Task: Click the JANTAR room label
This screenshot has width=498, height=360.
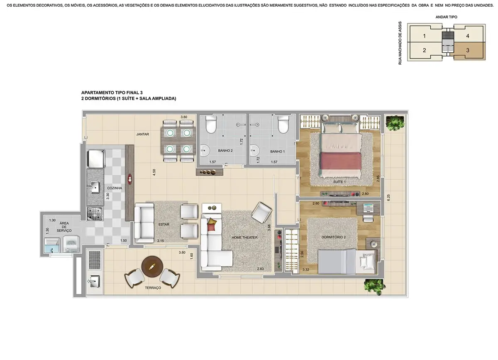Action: [x=142, y=134]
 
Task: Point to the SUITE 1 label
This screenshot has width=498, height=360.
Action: [x=339, y=182]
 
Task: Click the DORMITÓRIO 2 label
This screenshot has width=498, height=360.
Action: [x=333, y=237]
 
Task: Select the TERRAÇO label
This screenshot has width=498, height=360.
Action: [x=153, y=288]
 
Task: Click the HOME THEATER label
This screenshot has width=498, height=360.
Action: [x=244, y=238]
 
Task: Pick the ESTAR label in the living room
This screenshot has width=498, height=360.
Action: [x=164, y=225]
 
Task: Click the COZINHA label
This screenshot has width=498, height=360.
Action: [x=114, y=188]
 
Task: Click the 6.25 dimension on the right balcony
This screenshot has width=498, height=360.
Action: [x=388, y=198]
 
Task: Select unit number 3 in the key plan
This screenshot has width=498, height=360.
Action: [x=467, y=51]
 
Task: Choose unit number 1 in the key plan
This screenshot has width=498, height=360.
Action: [x=424, y=36]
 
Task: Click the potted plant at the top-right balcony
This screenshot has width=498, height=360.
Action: [x=392, y=123]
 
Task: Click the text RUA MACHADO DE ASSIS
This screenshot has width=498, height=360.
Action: [x=400, y=43]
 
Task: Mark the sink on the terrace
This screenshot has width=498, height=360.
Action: [x=94, y=282]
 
